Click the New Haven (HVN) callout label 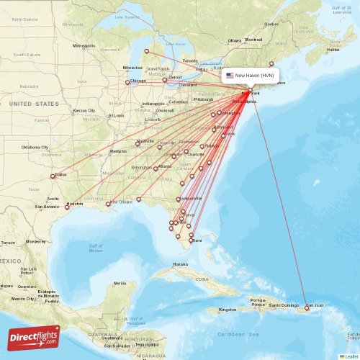(249, 75)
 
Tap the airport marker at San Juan (307, 307)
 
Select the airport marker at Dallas (53, 176)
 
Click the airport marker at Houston (67, 207)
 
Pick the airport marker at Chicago (127, 82)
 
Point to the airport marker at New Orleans (108, 204)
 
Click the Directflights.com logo (34, 336)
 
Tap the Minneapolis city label (84, 45)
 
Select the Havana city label (181, 264)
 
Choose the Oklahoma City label (35, 147)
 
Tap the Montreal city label (253, 39)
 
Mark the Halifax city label (333, 50)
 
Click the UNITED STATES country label (35, 104)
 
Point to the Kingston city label (228, 310)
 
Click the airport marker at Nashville (138, 144)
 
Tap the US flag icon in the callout (230, 75)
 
